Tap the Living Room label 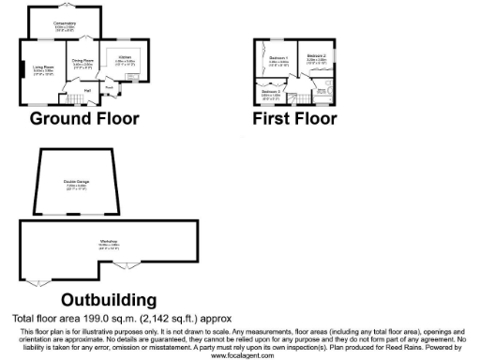(x=44, y=67)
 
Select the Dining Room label (x=82, y=63)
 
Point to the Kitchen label (x=125, y=58)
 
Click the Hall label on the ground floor (x=87, y=89)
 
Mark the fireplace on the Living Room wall (x=23, y=70)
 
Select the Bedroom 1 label (x=277, y=59)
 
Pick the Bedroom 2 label (x=316, y=57)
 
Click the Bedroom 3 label (x=271, y=92)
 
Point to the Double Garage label (x=76, y=182)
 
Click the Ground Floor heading (x=83, y=118)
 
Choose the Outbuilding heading (x=108, y=300)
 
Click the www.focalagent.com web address (x=240, y=355)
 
